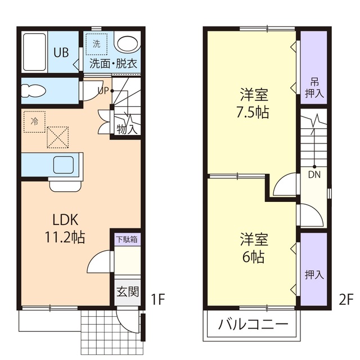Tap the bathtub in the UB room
click(35, 51)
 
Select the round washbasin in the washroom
click(127, 44)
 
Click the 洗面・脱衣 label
click(113, 64)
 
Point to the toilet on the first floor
click(35, 90)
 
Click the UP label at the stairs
click(103, 90)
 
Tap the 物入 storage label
click(127, 129)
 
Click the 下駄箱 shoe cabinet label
click(127, 239)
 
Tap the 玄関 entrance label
click(127, 291)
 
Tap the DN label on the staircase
click(314, 174)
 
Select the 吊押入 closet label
click(314, 87)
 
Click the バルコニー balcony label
click(253, 325)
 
